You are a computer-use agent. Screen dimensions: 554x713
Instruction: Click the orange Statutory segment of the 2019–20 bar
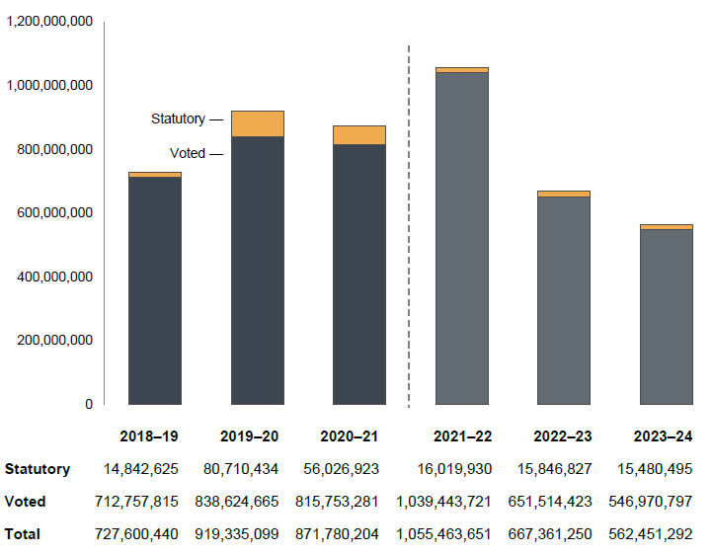tap(258, 123)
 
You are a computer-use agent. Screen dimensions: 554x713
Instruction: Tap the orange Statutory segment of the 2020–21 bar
tap(359, 135)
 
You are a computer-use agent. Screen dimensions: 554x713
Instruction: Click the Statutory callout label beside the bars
tap(179, 119)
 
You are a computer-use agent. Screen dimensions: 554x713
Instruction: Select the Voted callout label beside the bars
tap(188, 153)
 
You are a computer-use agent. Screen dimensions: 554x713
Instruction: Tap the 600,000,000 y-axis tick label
tap(53, 212)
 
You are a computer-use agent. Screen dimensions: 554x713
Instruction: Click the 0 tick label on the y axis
tap(88, 404)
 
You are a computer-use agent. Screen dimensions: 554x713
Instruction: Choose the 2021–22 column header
tap(462, 435)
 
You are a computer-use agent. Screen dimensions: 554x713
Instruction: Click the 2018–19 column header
tap(149, 435)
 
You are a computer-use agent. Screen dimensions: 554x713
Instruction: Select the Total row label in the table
tap(23, 533)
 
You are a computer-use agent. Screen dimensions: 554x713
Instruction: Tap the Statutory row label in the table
tap(38, 469)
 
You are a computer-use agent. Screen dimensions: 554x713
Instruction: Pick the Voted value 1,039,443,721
tap(443, 502)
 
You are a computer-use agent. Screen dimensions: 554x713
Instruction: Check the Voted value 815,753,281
tap(337, 502)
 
